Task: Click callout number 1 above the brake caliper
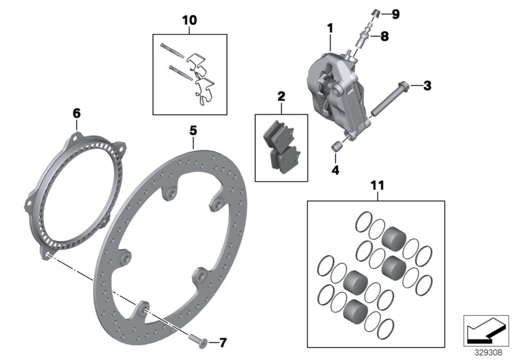pyautogui.click(x=330, y=29)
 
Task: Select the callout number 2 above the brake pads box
pyautogui.click(x=281, y=96)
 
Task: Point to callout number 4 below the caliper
pyautogui.click(x=333, y=170)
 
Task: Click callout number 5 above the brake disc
pyautogui.click(x=192, y=130)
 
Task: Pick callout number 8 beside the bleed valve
pyautogui.click(x=384, y=37)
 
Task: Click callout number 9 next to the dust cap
pyautogui.click(x=395, y=14)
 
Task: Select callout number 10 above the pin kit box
pyautogui.click(x=190, y=20)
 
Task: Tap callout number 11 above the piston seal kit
pyautogui.click(x=376, y=186)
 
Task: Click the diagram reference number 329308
pyautogui.click(x=488, y=352)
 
